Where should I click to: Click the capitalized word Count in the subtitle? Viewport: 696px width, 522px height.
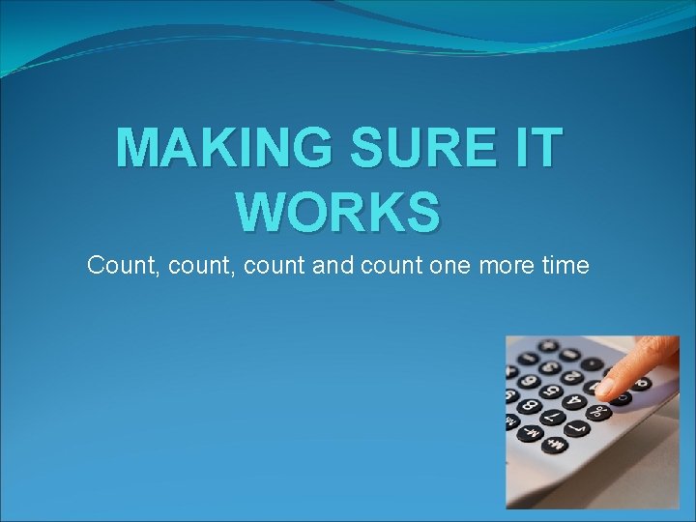click(124, 265)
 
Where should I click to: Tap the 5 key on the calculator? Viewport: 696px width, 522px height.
click(551, 391)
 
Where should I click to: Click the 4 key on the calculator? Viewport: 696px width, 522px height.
click(574, 402)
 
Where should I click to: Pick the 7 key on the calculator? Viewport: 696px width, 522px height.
click(553, 417)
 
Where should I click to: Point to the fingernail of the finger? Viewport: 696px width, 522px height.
click(604, 387)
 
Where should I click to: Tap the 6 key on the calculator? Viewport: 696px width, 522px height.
click(529, 382)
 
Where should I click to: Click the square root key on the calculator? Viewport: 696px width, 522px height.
click(577, 428)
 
